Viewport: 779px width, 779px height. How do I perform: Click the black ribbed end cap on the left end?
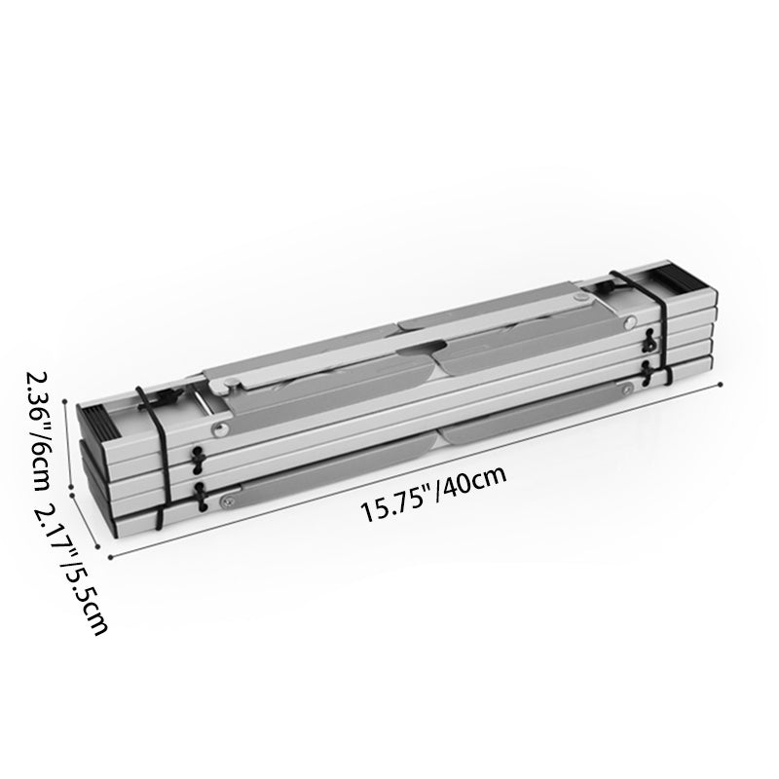pyautogui.click(x=97, y=424)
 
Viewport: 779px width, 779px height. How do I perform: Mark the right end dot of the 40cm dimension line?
pyautogui.click(x=721, y=384)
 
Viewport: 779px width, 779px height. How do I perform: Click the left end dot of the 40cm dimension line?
pyautogui.click(x=110, y=557)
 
